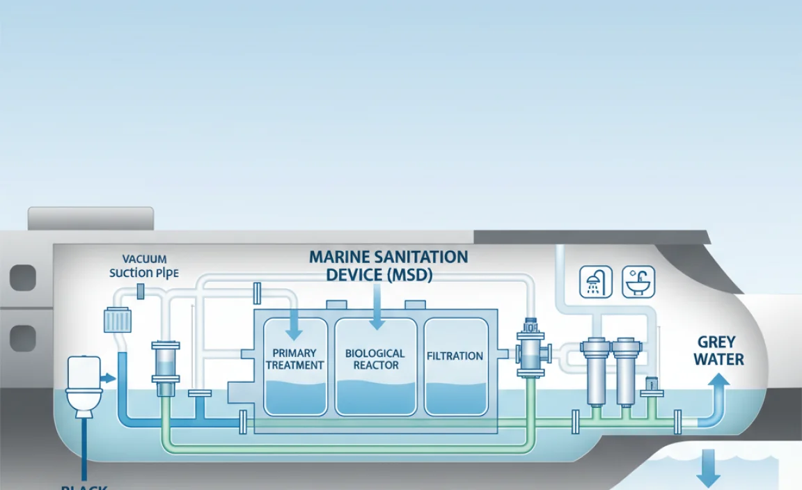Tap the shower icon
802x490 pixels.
pyautogui.click(x=596, y=282)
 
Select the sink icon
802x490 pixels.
pyautogui.click(x=638, y=282)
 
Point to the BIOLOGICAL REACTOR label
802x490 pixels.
pyautogui.click(x=375, y=359)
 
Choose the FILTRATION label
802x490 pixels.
pyautogui.click(x=455, y=356)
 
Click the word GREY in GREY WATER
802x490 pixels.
pyautogui.click(x=716, y=342)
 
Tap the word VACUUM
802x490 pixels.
pyautogui.click(x=144, y=260)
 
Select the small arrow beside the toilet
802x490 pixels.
pyautogui.click(x=107, y=378)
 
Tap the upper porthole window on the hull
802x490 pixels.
pyautogui.click(x=22, y=278)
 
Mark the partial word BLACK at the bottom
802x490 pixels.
pyautogui.click(x=84, y=487)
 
